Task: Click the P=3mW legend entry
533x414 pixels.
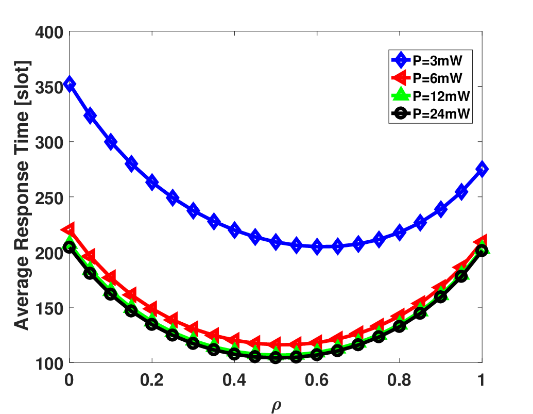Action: tap(438, 60)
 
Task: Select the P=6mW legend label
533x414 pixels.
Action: tap(438, 78)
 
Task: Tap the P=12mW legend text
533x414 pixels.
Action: tap(441, 96)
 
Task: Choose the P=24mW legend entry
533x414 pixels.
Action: tap(441, 113)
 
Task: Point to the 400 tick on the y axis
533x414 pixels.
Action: tap(49, 32)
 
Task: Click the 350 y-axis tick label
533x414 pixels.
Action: tap(49, 88)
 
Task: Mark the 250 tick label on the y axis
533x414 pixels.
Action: tap(49, 197)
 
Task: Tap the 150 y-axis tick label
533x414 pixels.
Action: tap(49, 308)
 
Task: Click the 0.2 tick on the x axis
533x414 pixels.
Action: tap(151, 379)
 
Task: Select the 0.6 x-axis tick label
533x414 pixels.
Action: tap(317, 379)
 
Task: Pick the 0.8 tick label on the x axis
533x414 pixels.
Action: tap(400, 379)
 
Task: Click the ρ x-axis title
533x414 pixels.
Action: tap(277, 405)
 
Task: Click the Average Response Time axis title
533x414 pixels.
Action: tap(22, 195)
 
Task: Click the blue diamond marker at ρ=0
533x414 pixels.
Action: tap(70, 84)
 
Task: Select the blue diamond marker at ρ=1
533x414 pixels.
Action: tap(482, 169)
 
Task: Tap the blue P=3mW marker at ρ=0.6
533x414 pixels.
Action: tap(317, 246)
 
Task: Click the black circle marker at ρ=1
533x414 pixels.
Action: tap(482, 251)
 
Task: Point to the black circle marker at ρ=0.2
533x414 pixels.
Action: tap(152, 324)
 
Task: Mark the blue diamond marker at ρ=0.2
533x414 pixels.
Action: tap(152, 182)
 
